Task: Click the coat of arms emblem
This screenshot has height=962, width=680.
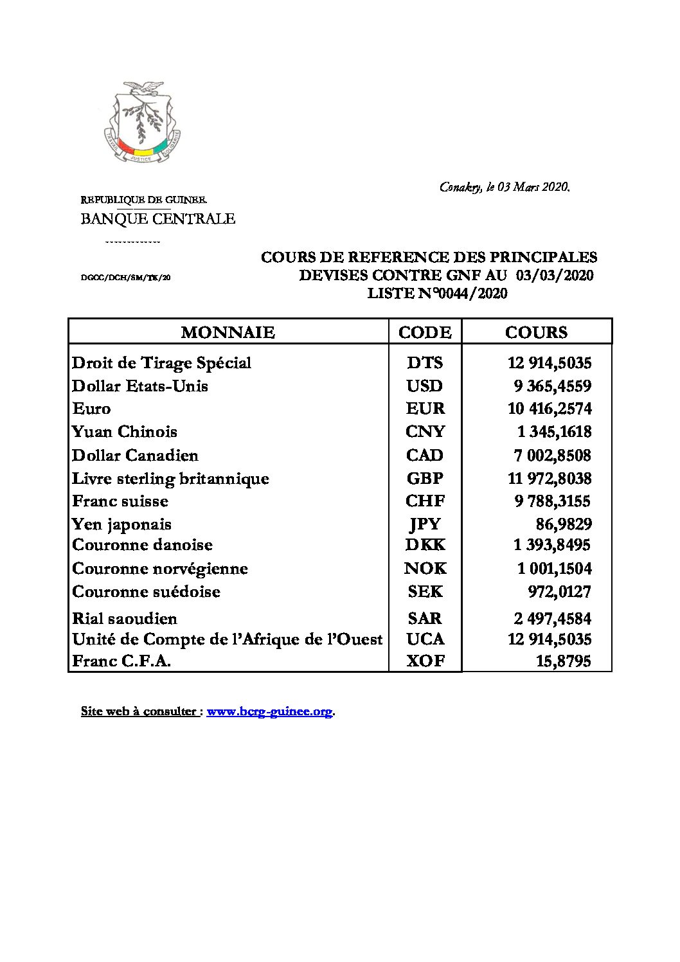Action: click(142, 121)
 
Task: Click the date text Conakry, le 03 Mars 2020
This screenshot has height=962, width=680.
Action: click(505, 187)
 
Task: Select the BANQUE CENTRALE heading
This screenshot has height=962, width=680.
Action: click(157, 218)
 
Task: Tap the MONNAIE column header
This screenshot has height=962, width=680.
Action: click(228, 332)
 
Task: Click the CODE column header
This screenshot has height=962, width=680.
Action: click(425, 332)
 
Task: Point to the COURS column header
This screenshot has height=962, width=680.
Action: click(537, 332)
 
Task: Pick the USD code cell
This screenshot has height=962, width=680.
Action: click(425, 386)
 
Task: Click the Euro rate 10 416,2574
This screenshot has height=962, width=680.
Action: click(550, 409)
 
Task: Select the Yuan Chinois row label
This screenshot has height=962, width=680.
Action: click(125, 432)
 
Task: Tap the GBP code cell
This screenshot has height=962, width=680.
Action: click(425, 478)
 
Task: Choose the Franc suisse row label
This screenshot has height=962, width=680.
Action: click(120, 501)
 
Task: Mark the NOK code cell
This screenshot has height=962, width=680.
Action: click(425, 568)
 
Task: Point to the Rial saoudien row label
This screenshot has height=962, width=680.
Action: click(125, 618)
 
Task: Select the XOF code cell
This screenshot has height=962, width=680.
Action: click(425, 661)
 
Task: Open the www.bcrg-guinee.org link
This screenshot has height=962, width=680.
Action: click(269, 711)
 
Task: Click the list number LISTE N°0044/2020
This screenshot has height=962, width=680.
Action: click(437, 294)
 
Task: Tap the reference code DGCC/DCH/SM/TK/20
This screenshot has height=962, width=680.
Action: click(125, 278)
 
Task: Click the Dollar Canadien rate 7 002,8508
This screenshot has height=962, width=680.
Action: click(552, 455)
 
